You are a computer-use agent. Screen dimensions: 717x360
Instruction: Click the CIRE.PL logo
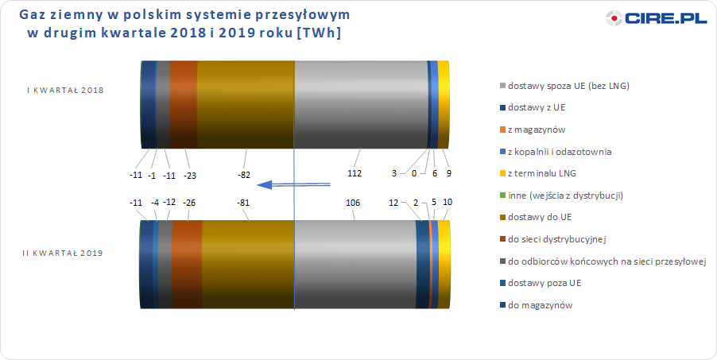click(657, 18)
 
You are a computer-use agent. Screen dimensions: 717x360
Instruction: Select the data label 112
click(355, 173)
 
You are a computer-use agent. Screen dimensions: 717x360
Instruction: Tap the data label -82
click(245, 174)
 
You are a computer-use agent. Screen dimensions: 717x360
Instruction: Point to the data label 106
click(354, 202)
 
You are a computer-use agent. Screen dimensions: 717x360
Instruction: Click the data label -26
click(188, 202)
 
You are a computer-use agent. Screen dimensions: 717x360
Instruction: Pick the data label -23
click(190, 175)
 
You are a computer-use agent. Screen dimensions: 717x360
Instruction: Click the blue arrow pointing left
click(293, 184)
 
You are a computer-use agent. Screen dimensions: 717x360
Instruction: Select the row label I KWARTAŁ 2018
click(65, 90)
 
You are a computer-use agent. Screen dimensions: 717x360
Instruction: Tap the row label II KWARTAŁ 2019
click(63, 253)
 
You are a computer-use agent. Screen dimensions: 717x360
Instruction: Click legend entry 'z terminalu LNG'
click(537, 173)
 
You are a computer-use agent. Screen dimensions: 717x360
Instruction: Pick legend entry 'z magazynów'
click(532, 130)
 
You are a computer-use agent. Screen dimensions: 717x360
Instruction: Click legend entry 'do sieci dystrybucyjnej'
click(552, 238)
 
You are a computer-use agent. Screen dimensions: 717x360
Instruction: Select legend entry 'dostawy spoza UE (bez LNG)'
click(564, 86)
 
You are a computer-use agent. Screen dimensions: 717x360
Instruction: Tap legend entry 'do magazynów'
click(536, 305)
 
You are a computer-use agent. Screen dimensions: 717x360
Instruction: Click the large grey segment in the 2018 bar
click(360, 104)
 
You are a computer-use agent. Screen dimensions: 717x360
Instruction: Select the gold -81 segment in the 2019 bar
click(247, 265)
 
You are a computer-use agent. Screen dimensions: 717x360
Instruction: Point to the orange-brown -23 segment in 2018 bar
click(184, 104)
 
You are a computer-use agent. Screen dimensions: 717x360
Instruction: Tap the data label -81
click(242, 202)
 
